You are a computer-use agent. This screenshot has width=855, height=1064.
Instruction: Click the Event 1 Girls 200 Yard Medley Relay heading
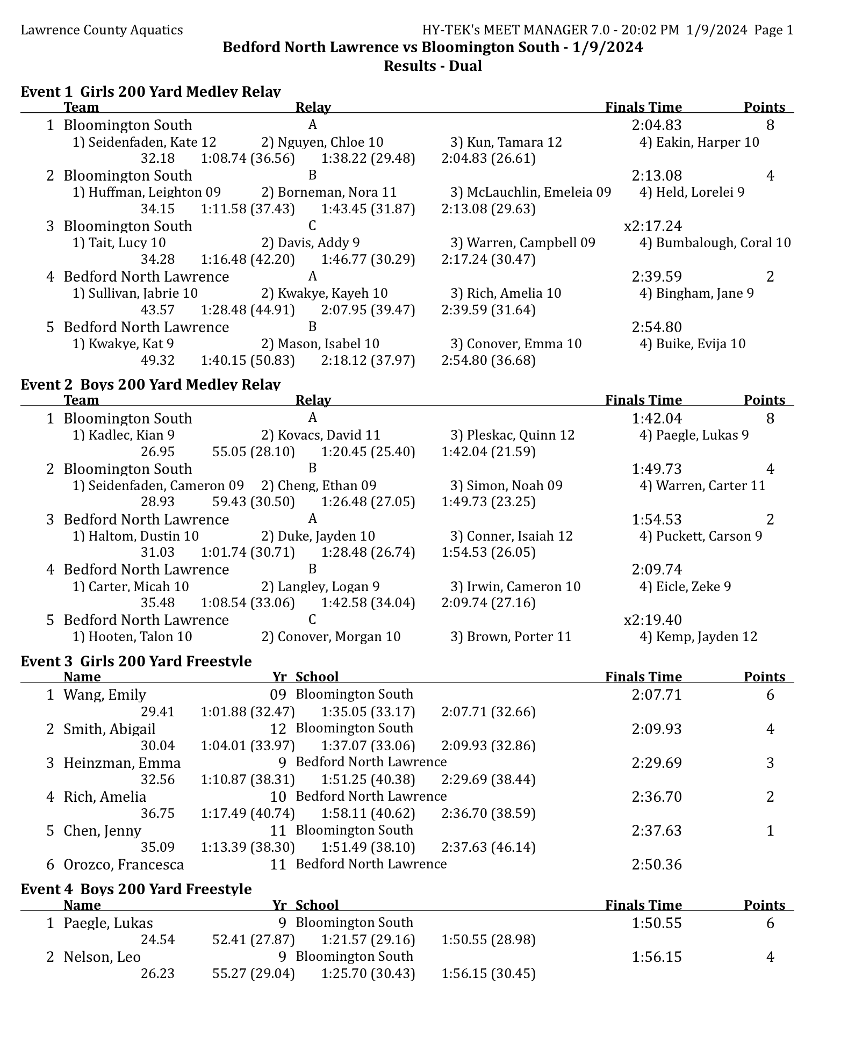[150, 91]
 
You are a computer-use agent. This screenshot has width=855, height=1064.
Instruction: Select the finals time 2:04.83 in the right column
[656, 125]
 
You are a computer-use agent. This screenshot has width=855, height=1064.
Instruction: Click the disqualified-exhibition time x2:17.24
[652, 226]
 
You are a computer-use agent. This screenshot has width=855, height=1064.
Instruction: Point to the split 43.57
[157, 310]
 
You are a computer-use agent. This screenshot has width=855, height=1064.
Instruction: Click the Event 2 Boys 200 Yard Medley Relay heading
[150, 384]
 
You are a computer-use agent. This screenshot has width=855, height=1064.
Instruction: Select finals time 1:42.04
[656, 419]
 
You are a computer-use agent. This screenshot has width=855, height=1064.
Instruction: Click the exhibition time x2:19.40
[652, 620]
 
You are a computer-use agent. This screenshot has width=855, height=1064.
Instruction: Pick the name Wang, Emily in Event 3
[105, 695]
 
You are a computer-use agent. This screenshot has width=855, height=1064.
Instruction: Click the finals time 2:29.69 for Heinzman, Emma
[656, 763]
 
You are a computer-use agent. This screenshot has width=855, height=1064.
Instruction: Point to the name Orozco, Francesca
[124, 865]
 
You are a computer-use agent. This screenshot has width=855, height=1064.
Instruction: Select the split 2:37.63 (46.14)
[488, 847]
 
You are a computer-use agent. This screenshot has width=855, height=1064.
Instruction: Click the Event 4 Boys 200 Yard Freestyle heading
[136, 889]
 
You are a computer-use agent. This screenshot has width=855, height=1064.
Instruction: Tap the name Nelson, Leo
[102, 957]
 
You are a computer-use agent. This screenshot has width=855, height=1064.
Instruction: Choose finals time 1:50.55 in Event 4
[656, 923]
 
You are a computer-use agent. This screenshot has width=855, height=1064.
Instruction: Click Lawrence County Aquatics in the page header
[102, 30]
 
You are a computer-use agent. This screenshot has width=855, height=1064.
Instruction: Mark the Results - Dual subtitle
[433, 66]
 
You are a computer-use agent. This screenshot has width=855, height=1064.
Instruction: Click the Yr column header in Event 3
[279, 677]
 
